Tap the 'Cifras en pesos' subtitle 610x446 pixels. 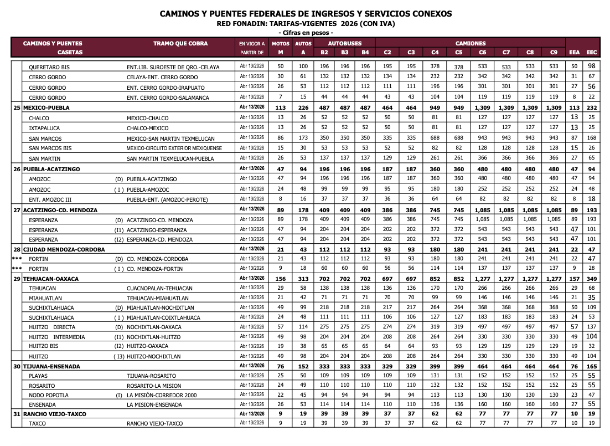(305, 33)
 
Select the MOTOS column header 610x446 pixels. (281, 43)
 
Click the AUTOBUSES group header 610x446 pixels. (344, 43)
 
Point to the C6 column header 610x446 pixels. (483, 53)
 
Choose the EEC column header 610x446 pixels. (592, 53)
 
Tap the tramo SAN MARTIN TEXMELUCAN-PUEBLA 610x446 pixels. (170, 158)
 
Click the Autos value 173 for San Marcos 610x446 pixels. (302, 138)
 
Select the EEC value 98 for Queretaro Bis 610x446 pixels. (592, 67)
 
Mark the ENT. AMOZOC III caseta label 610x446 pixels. (50, 199)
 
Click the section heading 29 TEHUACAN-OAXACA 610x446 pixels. (51, 279)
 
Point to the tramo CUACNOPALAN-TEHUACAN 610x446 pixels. (159, 289)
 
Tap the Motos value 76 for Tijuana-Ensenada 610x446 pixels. (281, 366)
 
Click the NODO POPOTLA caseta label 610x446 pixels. (49, 396)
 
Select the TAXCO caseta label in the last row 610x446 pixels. (38, 424)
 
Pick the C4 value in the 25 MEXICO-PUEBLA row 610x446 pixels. (435, 107)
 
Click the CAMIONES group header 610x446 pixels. (471, 43)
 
